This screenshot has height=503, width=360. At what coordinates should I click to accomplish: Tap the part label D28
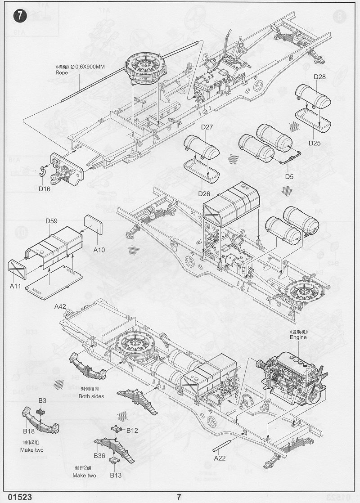coord(320,77)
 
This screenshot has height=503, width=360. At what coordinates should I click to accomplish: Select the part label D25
coord(315,143)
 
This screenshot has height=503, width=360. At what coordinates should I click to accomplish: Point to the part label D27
coord(207,127)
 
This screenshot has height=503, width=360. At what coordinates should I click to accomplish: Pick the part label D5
coord(289,176)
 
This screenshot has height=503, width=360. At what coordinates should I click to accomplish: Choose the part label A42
coord(60,306)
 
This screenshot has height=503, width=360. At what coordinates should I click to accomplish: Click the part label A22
coord(220,458)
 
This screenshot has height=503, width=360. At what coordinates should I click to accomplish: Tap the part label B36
coord(99,455)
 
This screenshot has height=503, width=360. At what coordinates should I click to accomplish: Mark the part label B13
coord(116,475)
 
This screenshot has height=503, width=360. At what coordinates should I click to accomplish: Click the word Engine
coord(298,337)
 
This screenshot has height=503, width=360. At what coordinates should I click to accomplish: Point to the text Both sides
coord(91,396)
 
